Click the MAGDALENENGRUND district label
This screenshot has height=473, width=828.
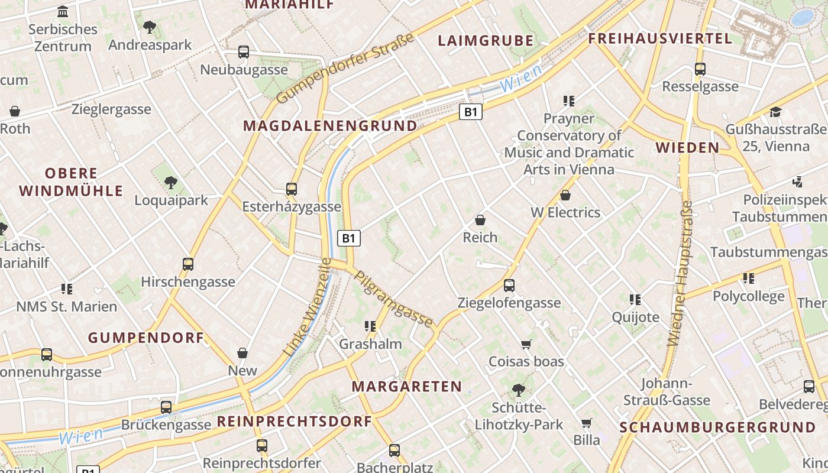point(330,126)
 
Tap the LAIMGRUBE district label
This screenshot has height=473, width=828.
point(486,41)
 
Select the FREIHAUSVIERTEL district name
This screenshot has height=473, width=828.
point(660,39)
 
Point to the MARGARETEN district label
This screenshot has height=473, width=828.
point(407,387)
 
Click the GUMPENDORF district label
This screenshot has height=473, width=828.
point(146,338)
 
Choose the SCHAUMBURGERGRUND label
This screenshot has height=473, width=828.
point(717,427)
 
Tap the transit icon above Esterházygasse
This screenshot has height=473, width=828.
point(292,189)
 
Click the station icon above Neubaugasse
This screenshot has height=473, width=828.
point(244,52)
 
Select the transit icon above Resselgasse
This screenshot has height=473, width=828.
point(700,69)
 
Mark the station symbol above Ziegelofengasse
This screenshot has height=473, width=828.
point(509,286)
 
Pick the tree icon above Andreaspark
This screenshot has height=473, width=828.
point(150,27)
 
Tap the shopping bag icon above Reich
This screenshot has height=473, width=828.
point(480,220)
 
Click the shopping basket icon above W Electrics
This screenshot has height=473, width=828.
point(565,195)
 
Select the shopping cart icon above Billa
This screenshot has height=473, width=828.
point(586,423)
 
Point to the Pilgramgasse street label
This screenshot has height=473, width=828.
point(393,299)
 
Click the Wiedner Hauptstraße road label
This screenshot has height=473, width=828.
point(681,273)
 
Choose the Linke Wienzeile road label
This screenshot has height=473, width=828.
point(308,307)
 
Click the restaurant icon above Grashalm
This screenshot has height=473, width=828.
point(370,326)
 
